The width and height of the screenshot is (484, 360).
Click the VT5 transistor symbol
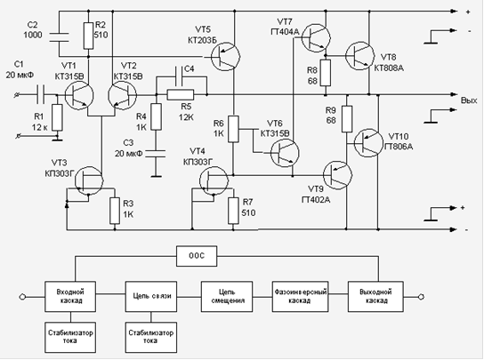point(226,57)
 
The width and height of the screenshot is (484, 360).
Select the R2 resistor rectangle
point(89,36)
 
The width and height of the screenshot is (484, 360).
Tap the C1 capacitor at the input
point(40,94)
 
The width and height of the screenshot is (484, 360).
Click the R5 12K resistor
point(181,94)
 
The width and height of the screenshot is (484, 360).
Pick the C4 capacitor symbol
point(179,76)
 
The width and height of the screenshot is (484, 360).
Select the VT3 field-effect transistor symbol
point(89,180)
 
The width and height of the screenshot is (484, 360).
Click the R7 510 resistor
point(233,211)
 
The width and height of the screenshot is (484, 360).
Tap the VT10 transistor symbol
point(368,143)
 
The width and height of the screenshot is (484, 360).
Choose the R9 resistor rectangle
point(347,119)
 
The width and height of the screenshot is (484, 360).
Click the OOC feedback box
point(197,256)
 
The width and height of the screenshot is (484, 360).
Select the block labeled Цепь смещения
point(227,297)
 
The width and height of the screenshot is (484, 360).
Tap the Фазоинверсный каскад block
point(301,297)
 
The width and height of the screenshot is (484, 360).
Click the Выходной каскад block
point(375,297)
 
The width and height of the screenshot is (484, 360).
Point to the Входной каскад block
point(70,297)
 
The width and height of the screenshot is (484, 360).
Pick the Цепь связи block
point(151,297)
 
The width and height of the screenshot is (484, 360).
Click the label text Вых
point(469,100)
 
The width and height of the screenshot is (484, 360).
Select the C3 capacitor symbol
point(157,154)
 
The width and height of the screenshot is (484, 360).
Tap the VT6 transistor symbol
point(285,153)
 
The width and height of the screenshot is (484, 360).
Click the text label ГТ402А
point(316,200)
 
